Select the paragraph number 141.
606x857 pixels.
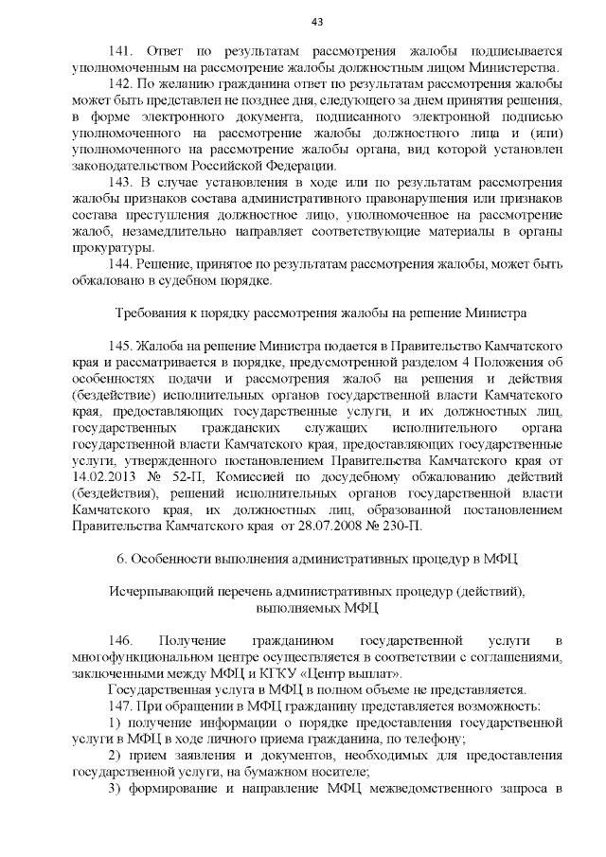[123, 51]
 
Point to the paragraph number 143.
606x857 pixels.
[123, 181]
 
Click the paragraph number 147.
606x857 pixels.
[123, 706]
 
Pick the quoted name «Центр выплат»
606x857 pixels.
[356, 673]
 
